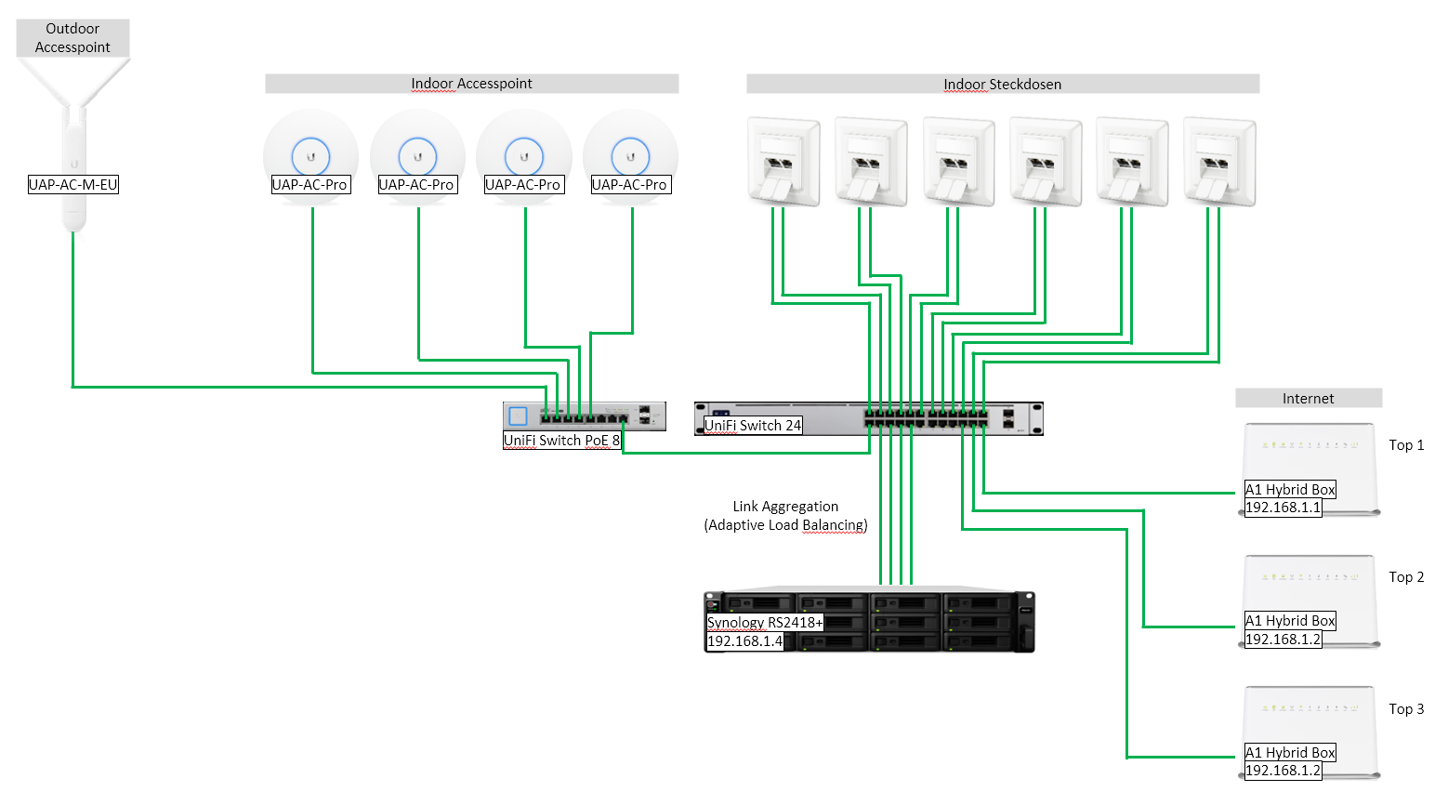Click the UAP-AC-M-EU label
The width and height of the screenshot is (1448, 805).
(73, 185)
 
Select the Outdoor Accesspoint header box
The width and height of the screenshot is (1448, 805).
(72, 38)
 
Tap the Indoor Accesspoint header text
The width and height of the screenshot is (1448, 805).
(471, 84)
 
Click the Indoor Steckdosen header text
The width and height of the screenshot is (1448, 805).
(1002, 85)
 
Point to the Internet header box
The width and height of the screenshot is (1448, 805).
(1308, 399)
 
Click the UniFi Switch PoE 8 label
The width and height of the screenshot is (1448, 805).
(561, 441)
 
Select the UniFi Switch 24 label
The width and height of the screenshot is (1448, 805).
(753, 426)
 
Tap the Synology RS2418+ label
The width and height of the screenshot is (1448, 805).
(765, 623)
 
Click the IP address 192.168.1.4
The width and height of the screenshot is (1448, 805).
(745, 641)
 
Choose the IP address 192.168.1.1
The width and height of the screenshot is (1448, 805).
(1283, 508)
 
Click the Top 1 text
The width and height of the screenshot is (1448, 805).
(1406, 445)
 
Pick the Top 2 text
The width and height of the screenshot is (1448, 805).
(1406, 577)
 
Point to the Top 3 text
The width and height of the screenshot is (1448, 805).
(1406, 709)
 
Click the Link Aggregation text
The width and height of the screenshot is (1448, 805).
(785, 507)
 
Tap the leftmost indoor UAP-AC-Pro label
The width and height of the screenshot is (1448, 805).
(309, 185)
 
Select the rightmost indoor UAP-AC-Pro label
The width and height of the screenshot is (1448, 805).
(629, 185)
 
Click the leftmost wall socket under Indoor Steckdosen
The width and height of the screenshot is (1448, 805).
(783, 161)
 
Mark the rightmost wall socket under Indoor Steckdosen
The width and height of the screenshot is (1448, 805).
(1219, 161)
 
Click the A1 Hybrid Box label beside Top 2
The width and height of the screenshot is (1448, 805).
(1290, 621)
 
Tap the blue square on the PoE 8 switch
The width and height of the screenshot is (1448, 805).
(519, 416)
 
